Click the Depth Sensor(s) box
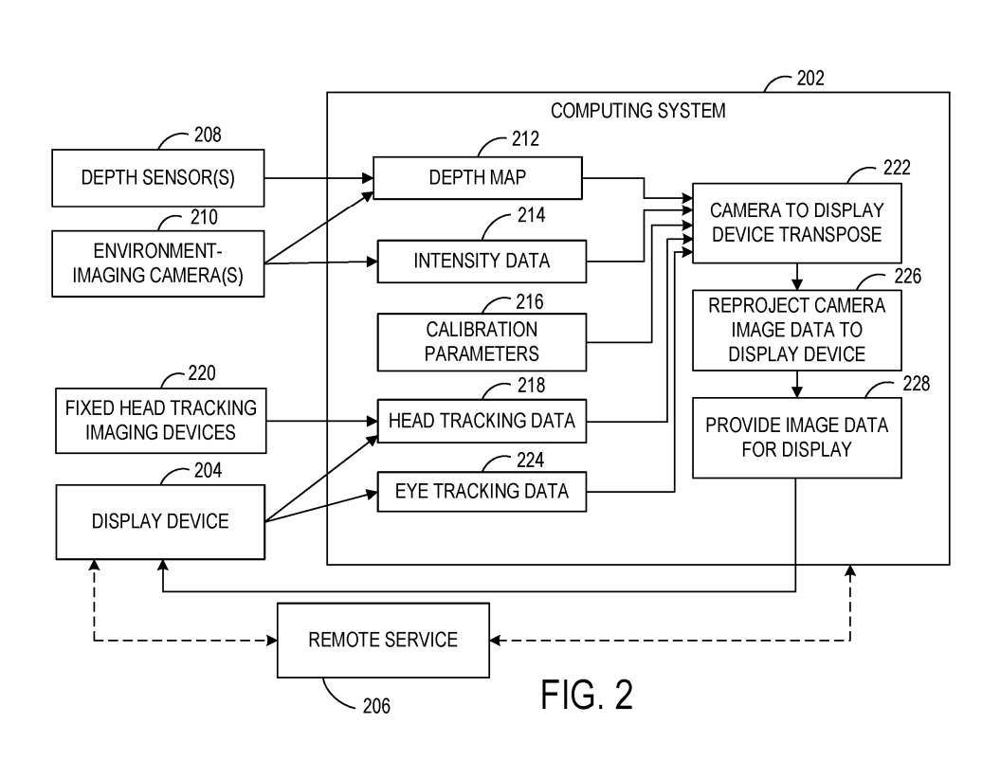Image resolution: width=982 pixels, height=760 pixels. tap(158, 177)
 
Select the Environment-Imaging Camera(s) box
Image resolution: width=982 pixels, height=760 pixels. tap(158, 262)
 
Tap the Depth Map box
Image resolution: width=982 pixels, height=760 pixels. tap(477, 178)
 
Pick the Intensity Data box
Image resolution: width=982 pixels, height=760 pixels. tap(482, 261)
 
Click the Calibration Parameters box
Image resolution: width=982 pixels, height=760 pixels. tap(482, 342)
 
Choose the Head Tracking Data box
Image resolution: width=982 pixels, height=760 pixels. tap(482, 421)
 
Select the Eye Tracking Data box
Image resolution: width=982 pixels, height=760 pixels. tap(482, 491)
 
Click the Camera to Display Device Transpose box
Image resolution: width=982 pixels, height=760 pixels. tap(796, 222)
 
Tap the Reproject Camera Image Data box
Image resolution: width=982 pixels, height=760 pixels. tap(796, 331)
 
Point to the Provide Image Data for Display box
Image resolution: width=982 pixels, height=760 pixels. tap(796, 437)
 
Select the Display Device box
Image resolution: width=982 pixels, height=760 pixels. tap(160, 521)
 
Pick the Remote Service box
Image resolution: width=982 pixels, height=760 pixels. tap(382, 640)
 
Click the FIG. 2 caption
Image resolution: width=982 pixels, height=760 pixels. tap(587, 695)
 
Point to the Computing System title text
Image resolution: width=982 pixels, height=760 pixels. tap(638, 111)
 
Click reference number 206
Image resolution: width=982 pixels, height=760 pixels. tap(375, 705)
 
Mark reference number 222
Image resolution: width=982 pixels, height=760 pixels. tap(895, 168)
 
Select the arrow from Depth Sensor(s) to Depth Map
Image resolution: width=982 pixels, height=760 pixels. tap(318, 177)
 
